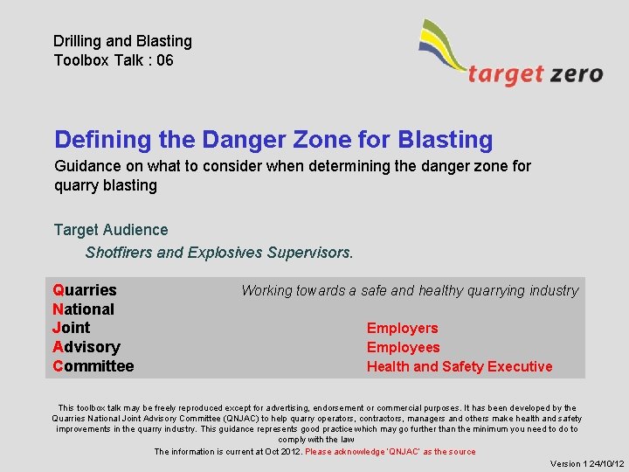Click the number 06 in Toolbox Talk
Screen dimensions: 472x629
click(164, 60)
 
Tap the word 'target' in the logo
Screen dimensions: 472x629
click(506, 74)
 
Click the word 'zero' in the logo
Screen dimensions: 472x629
click(576, 73)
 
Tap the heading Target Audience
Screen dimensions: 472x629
click(111, 230)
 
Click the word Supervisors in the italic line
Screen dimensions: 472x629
click(310, 253)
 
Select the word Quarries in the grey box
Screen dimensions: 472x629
click(85, 290)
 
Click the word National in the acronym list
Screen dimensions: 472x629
click(84, 309)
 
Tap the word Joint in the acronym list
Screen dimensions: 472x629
click(72, 328)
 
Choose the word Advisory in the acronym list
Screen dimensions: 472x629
click(86, 347)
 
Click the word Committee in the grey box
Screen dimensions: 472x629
click(93, 366)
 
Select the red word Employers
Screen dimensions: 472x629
click(402, 329)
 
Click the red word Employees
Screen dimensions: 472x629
click(403, 348)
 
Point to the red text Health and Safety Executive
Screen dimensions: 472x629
click(459, 367)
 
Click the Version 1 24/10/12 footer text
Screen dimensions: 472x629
click(586, 464)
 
